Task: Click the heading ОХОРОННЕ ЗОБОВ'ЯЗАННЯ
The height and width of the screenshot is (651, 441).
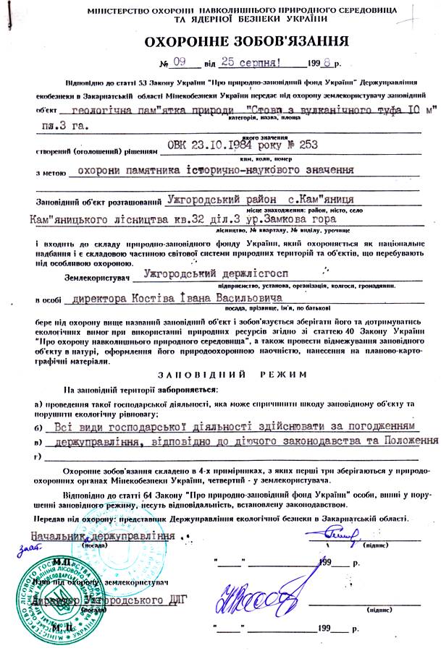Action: coord(220,41)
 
